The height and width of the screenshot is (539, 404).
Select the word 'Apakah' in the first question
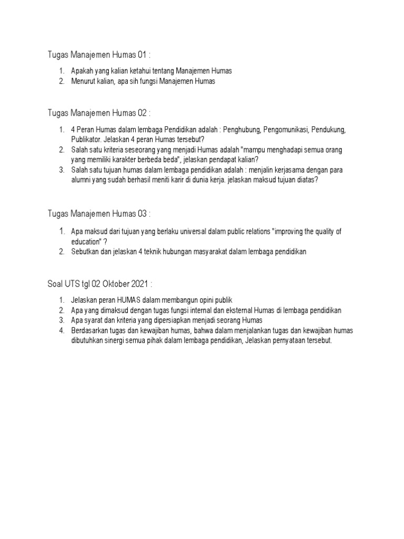(82, 71)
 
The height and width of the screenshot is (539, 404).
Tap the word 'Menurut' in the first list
(83, 81)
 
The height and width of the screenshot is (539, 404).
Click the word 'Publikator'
(87, 139)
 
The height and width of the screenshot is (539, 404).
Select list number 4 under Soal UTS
(62, 331)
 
